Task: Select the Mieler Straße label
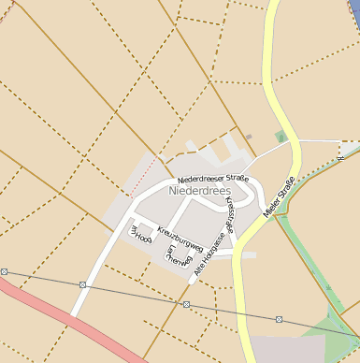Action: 280,197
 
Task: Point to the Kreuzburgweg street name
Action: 180,239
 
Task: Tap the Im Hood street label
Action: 140,234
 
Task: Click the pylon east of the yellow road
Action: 280,318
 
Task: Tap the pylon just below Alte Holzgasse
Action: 186,304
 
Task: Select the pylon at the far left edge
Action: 4,271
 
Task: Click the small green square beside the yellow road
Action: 280,138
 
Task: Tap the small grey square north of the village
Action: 249,137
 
